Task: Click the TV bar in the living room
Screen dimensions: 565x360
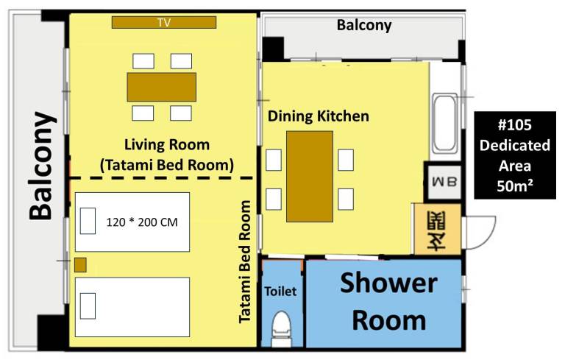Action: point(164,22)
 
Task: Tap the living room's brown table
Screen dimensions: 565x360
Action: point(161,87)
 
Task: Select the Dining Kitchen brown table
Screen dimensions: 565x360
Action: point(310,177)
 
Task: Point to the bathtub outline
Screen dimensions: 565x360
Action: point(445,124)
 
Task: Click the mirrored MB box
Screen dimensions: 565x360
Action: point(444,182)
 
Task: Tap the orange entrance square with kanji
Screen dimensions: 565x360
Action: point(437,230)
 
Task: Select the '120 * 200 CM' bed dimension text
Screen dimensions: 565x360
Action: point(142,222)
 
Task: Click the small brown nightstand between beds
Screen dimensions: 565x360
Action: point(80,265)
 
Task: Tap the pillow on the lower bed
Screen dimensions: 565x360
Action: point(88,306)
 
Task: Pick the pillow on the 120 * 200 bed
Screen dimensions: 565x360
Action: point(88,221)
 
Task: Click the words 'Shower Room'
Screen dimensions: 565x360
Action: point(388,302)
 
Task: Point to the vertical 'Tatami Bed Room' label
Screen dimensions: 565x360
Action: point(245,261)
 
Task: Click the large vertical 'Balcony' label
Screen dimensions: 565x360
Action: point(43,166)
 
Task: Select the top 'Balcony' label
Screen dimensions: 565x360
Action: point(364,25)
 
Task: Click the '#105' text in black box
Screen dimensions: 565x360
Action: point(514,125)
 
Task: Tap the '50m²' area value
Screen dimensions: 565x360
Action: point(514,186)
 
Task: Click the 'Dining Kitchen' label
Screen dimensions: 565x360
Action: point(318,116)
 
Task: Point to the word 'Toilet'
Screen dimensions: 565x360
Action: point(280,291)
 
